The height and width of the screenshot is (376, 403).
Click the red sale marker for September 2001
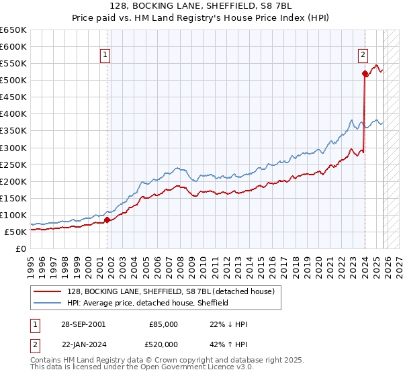pos(107,219)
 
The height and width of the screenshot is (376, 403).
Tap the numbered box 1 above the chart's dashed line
pos(107,56)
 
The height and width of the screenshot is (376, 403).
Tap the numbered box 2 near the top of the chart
pos(363,56)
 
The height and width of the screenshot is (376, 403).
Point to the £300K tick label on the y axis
pos(13,148)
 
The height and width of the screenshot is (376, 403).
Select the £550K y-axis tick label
pos(13,64)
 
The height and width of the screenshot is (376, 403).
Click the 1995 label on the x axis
pos(31,262)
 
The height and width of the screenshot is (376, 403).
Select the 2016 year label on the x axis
pos(271,262)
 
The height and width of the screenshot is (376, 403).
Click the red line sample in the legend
pos(48,292)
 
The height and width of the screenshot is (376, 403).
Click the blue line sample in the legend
pos(48,303)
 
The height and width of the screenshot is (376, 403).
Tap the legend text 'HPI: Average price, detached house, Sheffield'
pos(148,303)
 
